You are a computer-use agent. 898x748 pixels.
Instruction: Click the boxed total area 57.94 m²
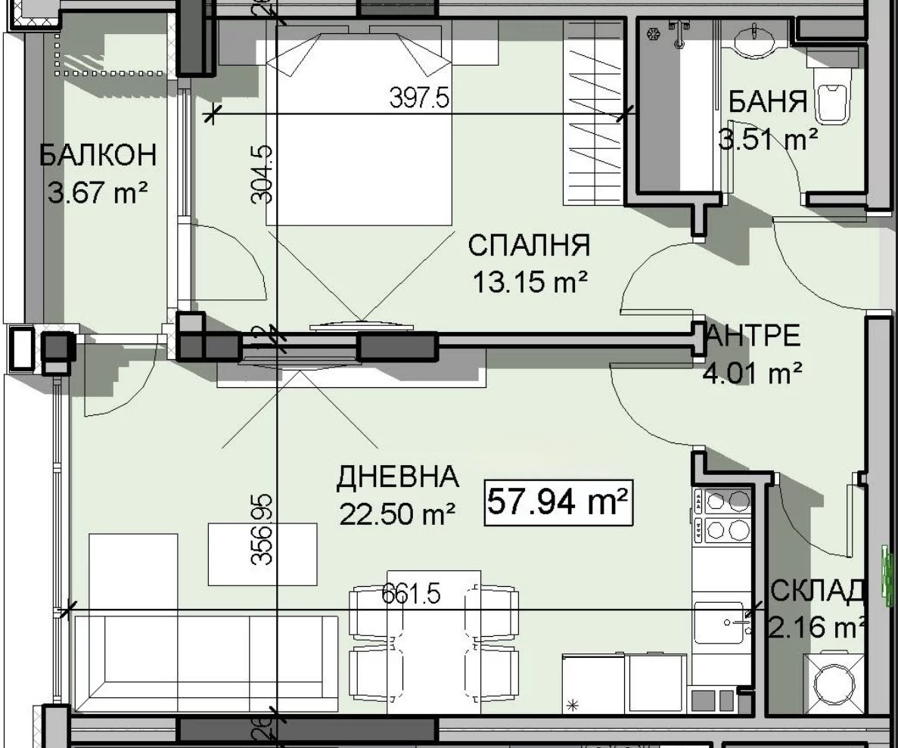point(558,501)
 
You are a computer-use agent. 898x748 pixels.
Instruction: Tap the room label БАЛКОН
point(98,155)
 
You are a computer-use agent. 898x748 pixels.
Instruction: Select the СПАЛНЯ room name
point(528,247)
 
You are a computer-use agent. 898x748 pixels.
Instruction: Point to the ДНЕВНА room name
point(397,477)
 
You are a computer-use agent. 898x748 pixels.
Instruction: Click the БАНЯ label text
point(767,102)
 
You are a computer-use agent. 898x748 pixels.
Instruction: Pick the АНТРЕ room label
point(754,336)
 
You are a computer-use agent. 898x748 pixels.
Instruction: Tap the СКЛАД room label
point(817,591)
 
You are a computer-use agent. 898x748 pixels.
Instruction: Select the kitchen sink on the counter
point(719,622)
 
